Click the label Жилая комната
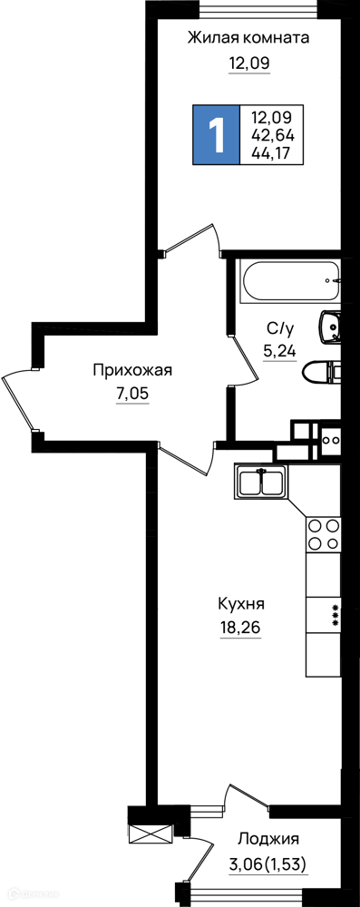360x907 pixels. (x=248, y=38)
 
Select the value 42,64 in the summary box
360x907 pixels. (x=273, y=135)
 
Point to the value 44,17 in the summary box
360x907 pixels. (x=271, y=152)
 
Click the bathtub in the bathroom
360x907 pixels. (x=290, y=282)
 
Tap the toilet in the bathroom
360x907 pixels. (x=323, y=371)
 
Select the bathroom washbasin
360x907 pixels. (x=330, y=328)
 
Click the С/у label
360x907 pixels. (x=280, y=329)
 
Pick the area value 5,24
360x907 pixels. (x=280, y=351)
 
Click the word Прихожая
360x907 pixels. (x=132, y=370)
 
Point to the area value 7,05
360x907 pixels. (x=132, y=395)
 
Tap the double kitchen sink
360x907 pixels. (x=261, y=482)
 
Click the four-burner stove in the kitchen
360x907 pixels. (x=324, y=534)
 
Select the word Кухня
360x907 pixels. (x=241, y=604)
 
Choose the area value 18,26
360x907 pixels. (x=240, y=629)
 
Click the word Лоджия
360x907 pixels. (x=268, y=838)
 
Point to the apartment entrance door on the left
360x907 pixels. (x=16, y=403)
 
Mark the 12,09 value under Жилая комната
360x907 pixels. (x=249, y=63)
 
